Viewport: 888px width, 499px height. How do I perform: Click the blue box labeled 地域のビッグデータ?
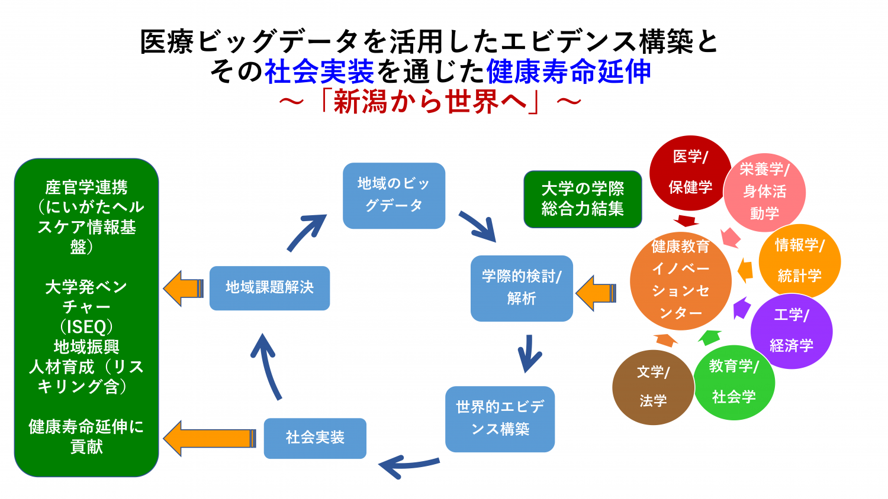point(394,195)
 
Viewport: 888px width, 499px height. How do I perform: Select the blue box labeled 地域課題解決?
point(269,288)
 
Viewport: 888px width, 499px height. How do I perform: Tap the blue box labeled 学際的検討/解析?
point(522,288)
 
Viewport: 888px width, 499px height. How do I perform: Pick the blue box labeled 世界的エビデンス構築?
point(500,419)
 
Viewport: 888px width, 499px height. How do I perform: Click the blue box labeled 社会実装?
point(315,438)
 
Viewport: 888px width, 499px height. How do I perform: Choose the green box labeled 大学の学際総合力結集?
point(583,199)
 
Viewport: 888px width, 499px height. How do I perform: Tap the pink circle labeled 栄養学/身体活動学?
point(764,192)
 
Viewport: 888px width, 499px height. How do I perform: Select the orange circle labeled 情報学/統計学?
point(799,261)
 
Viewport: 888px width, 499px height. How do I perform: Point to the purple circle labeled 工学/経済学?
point(792,330)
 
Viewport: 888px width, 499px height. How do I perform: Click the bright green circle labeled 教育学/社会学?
point(733,382)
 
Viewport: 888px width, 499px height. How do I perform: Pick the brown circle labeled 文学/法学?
point(653,387)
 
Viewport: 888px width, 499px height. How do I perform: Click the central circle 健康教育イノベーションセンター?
point(681,280)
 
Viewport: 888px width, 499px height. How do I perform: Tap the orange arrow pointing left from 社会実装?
point(210,438)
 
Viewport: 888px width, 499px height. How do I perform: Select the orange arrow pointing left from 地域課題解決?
point(184,288)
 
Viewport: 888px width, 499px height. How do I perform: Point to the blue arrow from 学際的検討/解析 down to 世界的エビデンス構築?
point(529,354)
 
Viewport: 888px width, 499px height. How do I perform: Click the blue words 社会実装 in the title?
point(319,72)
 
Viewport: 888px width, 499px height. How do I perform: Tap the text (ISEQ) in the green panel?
point(86,326)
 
